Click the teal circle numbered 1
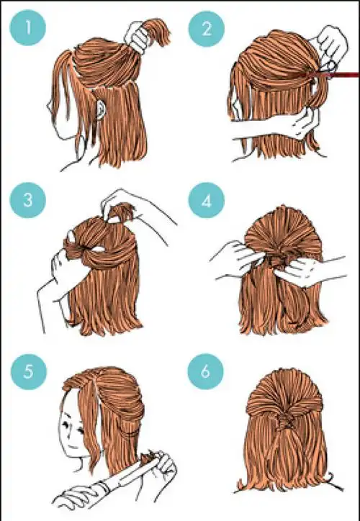[x=28, y=27]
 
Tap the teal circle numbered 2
[x=207, y=29]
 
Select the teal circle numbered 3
[x=27, y=200]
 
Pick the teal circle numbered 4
[x=207, y=200]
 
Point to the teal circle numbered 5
[x=29, y=371]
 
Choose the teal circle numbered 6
[x=205, y=371]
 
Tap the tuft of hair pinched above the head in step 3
[x=122, y=213]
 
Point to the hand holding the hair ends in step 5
[x=163, y=465]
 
